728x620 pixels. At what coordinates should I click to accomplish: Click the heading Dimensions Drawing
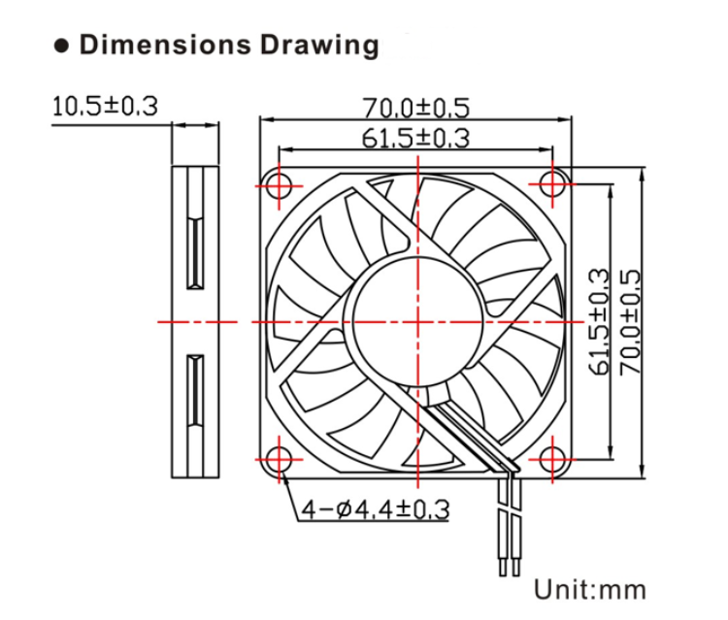pyautogui.click(x=229, y=45)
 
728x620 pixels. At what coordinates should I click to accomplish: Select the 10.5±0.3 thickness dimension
pyautogui.click(x=105, y=106)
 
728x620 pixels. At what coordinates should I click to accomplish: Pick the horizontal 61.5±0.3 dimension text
pyautogui.click(x=416, y=138)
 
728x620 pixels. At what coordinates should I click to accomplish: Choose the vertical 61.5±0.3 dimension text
pyautogui.click(x=599, y=321)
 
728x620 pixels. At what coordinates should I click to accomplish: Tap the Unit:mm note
pyautogui.click(x=589, y=588)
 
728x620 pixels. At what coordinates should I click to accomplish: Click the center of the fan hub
pyautogui.click(x=416, y=320)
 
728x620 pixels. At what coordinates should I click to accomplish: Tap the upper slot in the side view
pyautogui.click(x=195, y=252)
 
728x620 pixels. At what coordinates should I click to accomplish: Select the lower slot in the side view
pyautogui.click(x=195, y=390)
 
